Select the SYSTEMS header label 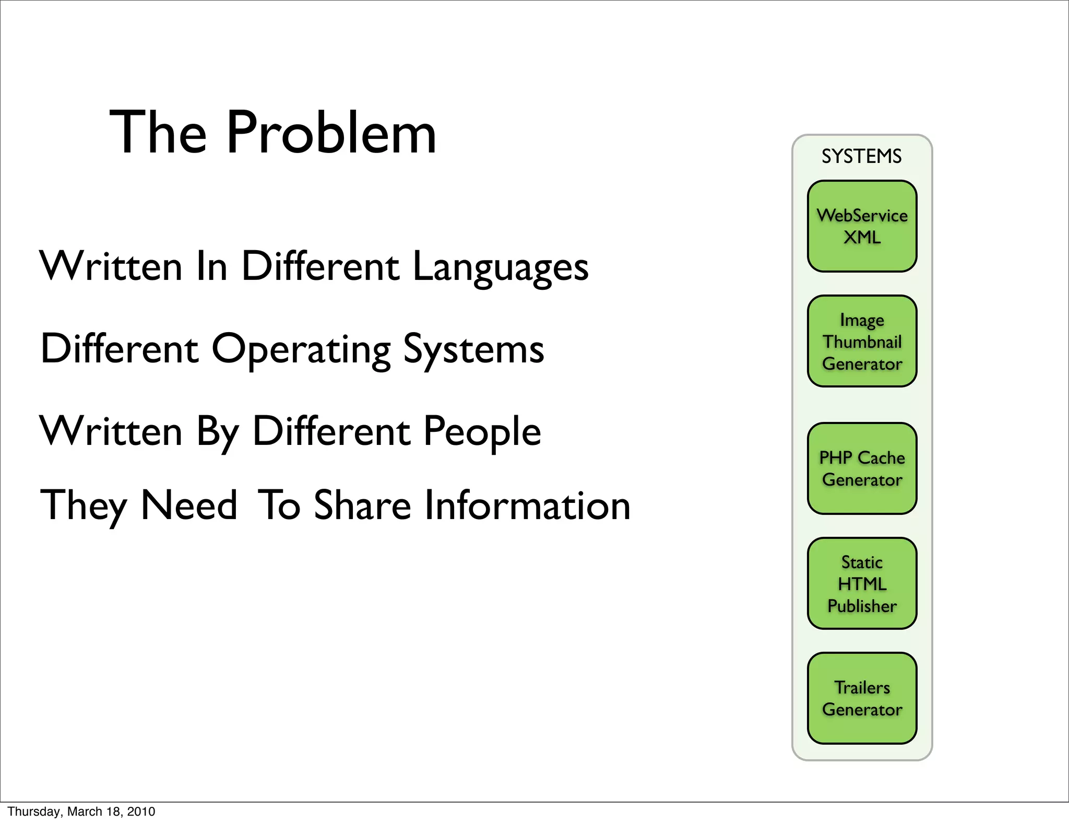click(x=861, y=156)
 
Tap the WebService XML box click(x=862, y=226)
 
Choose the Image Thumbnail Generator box click(x=862, y=342)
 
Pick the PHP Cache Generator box click(x=862, y=468)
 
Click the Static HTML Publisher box click(x=862, y=583)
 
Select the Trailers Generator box click(x=862, y=698)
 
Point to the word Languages click(x=500, y=267)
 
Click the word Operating click(x=301, y=349)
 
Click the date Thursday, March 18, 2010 click(x=81, y=812)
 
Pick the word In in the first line click(x=211, y=267)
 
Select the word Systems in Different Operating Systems click(x=473, y=349)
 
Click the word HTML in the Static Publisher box click(x=862, y=584)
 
